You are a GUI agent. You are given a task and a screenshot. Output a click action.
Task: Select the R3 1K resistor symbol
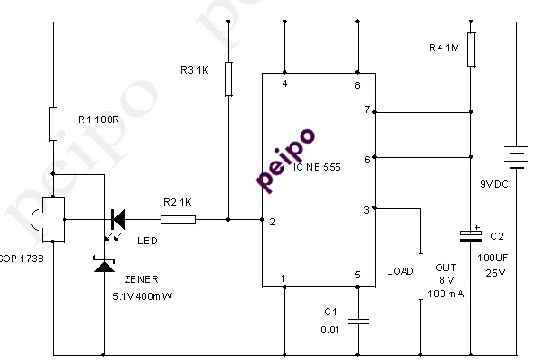coord(230,78)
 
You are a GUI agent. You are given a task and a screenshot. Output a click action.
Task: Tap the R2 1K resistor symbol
coord(178,218)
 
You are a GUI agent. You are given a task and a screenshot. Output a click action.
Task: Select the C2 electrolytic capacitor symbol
coord(470,235)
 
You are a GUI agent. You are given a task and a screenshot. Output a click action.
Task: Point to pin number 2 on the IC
coord(271,220)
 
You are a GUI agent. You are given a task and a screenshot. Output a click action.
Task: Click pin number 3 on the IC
coord(365,209)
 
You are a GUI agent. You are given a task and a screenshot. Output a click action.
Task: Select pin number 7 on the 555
coord(365,110)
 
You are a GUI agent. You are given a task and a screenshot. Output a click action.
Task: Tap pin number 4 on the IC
coord(285,84)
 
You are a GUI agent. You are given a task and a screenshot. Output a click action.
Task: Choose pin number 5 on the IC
coord(357,277)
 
